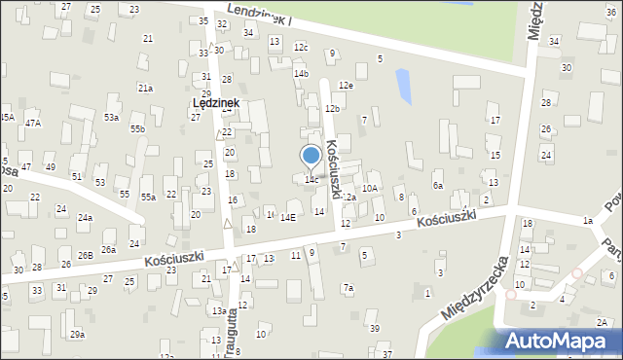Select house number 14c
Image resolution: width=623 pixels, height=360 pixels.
coord(311,180)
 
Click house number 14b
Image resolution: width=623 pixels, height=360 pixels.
coord(302,73)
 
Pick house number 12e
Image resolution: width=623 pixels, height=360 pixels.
coord(346,86)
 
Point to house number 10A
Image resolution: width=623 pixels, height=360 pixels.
coord(370,189)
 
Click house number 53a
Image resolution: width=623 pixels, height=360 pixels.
coord(112,117)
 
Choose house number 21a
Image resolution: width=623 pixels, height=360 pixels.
coord(145,88)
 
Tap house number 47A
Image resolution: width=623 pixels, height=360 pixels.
coord(33,122)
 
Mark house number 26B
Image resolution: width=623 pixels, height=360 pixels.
coord(86,255)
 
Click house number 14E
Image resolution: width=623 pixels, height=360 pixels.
coord(288,218)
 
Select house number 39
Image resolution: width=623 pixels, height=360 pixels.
coord(375,328)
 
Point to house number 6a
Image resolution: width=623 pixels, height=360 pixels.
coord(438,185)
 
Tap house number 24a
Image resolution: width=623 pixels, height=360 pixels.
coord(86,217)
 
